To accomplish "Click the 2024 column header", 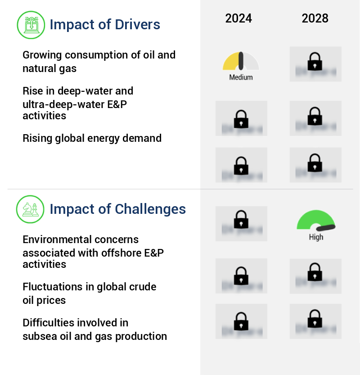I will coord(238,18).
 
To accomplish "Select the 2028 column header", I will coord(315,18).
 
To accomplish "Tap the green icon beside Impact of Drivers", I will coord(31,24).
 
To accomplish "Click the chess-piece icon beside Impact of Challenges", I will coord(30,209).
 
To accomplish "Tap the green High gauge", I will coord(316,221).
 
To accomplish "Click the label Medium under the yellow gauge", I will coord(241,77).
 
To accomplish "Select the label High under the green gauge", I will coord(316,237).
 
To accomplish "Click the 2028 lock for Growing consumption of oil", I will coord(315,62).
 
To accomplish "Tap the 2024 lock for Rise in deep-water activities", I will coord(241,118).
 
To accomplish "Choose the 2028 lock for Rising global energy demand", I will coord(315,163).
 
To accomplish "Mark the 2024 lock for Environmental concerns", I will coord(241,221).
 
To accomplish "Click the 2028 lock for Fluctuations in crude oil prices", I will coord(315,273).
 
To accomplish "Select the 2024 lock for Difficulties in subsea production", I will coord(241,320).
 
